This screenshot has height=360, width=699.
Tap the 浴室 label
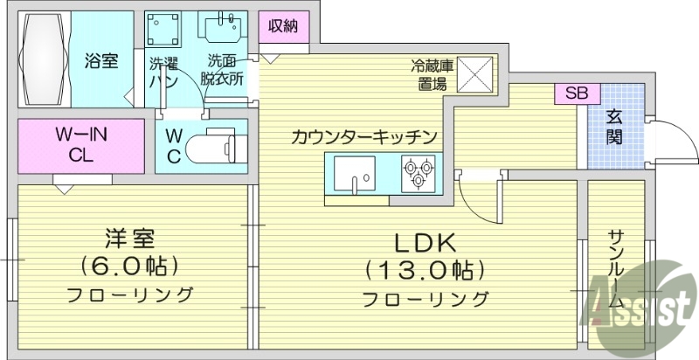pos(101,62)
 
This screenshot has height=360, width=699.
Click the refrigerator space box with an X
pos(476,73)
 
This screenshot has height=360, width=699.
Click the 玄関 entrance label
pos(616,127)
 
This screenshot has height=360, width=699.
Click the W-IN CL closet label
pos(80,144)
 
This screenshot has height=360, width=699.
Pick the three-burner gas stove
pos(418,172)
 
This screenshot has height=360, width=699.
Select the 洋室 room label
pos(131,238)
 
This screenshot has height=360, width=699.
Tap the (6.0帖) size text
pos(131,265)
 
